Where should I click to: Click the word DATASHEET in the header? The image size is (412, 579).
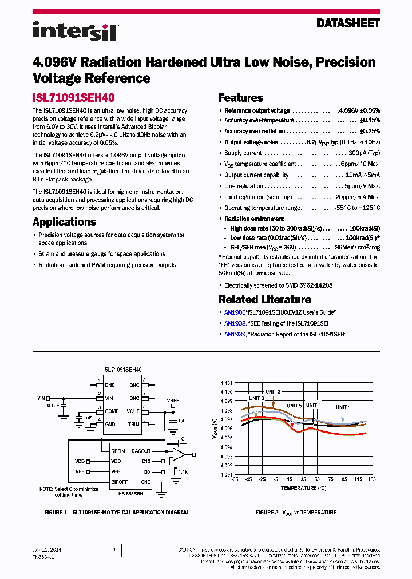click(x=348, y=23)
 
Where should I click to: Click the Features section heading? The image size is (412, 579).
click(x=241, y=98)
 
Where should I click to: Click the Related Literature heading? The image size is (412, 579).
click(x=265, y=299)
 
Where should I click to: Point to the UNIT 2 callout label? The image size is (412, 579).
click(x=274, y=391)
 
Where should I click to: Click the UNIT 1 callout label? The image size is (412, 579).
click(x=343, y=406)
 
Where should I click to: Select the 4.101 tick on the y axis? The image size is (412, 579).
click(x=227, y=383)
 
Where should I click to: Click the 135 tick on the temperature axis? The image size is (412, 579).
click(x=372, y=479)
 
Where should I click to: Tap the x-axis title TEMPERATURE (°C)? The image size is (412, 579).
click(x=303, y=488)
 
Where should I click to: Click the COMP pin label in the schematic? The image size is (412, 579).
click(x=112, y=411)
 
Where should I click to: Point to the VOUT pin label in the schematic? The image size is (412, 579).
click(x=133, y=411)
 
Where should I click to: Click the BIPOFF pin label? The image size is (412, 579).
click(x=119, y=482)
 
